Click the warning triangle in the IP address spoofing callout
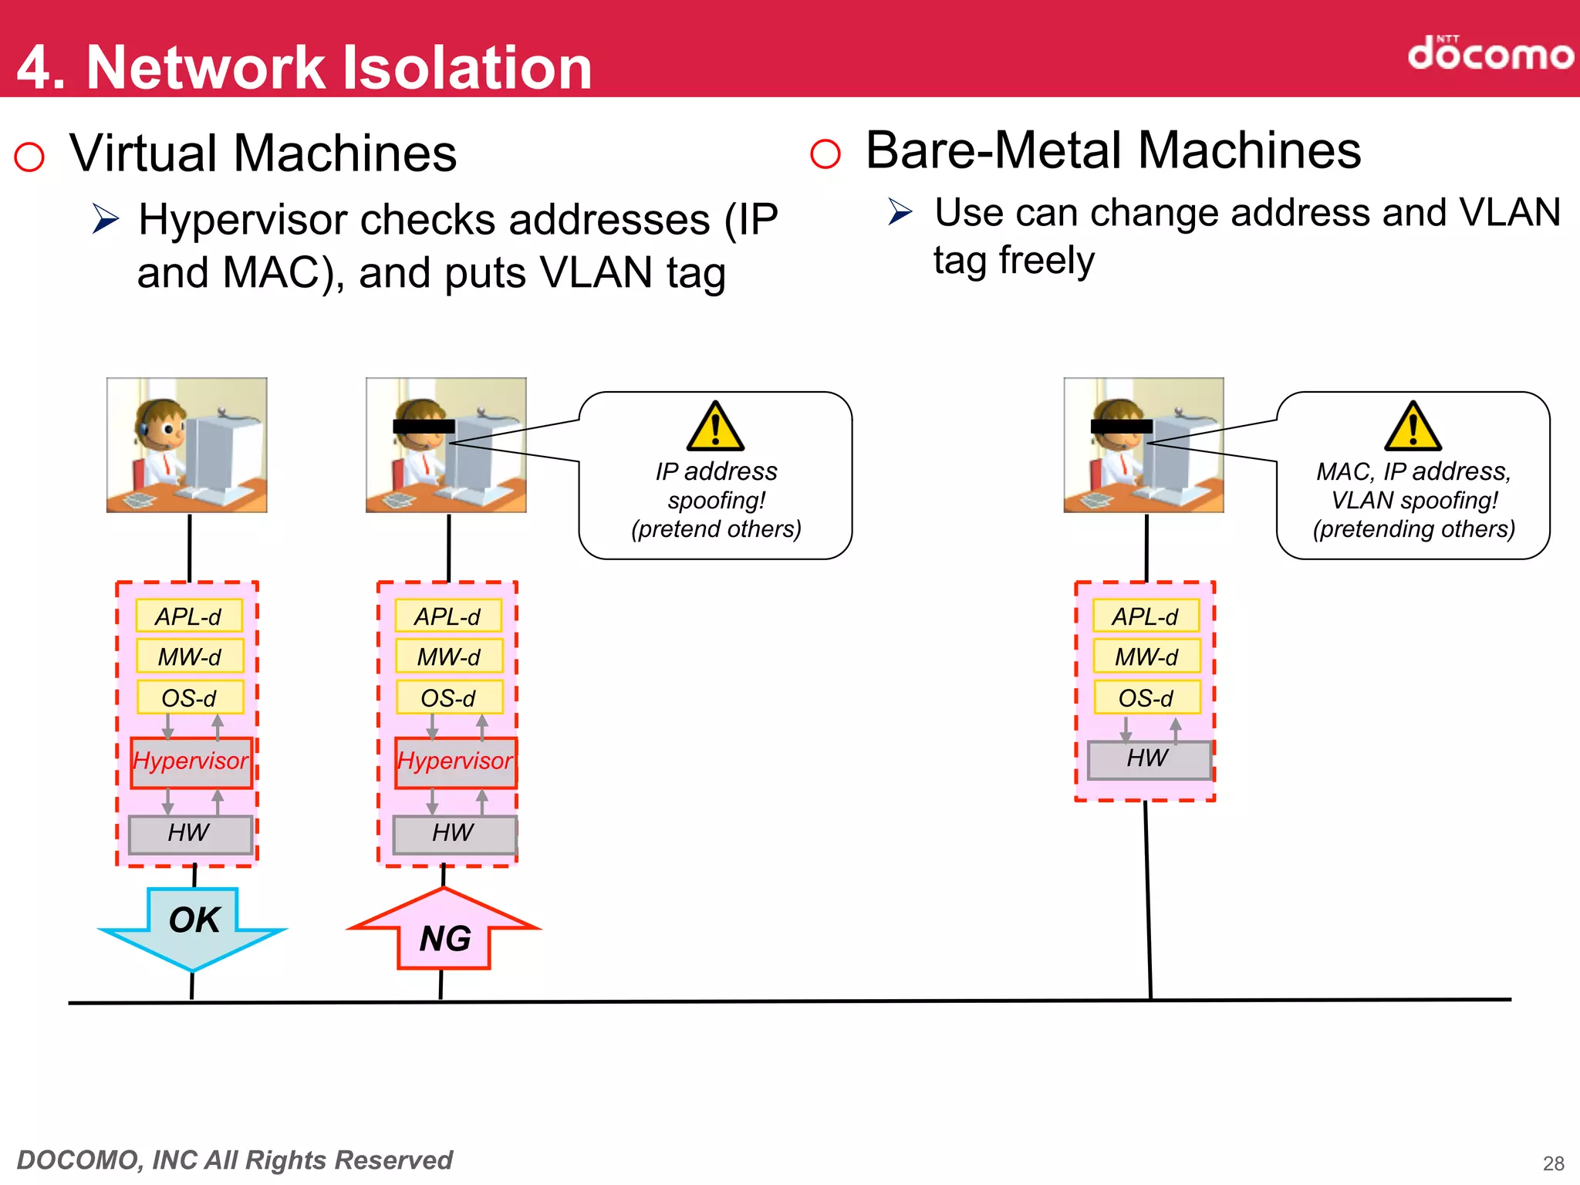715,427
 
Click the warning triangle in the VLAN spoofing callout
1413,427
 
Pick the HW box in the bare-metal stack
1148,759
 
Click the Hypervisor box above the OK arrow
191,762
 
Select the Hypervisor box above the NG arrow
455,762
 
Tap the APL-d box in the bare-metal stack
1146,616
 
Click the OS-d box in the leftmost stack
190,697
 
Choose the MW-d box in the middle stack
448,657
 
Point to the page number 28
1553,1163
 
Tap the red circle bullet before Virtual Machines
29,157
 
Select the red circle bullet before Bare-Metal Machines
825,154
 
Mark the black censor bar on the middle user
424,426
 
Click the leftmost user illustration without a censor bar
187,445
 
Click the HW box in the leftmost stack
190,833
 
